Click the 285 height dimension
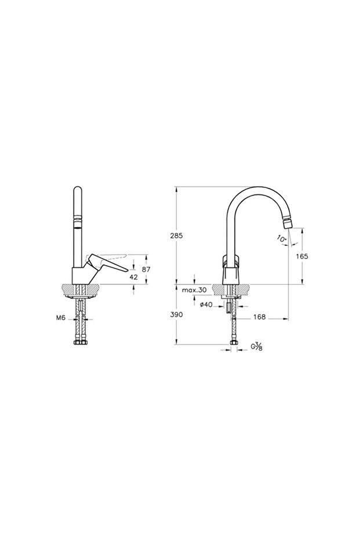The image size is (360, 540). (x=177, y=236)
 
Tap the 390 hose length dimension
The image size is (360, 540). (x=176, y=314)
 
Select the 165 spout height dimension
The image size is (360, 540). (x=301, y=256)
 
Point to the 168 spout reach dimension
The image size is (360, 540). (x=259, y=317)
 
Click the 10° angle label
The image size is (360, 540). (x=281, y=238)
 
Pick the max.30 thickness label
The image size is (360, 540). (x=194, y=290)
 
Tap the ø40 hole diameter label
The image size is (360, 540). (x=206, y=305)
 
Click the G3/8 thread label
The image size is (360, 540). (x=257, y=346)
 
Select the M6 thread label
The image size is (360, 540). (x=60, y=318)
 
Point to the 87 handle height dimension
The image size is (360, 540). (x=146, y=270)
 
